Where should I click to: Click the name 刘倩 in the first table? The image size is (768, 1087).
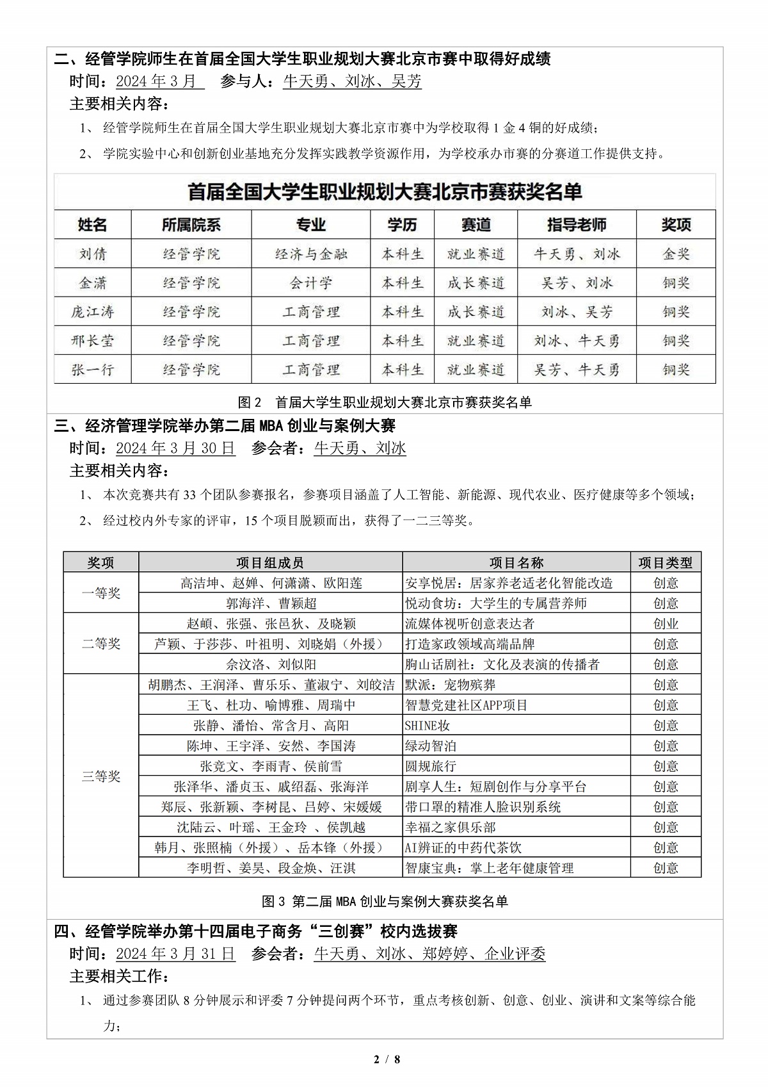pos(93,254)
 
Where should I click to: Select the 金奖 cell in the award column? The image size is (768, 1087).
pos(676,254)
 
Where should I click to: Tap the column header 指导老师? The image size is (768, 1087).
pos(577,225)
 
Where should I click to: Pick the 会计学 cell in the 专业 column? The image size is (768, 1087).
pos(311,283)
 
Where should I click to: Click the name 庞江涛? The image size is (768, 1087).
pos(93,312)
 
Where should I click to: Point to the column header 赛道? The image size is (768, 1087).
pos(476,225)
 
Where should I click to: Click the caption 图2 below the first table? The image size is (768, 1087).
pos(384,402)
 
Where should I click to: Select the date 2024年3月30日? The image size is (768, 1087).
pos(175,448)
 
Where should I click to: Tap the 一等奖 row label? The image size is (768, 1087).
pos(101,593)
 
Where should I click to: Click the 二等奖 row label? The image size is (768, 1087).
pos(101,644)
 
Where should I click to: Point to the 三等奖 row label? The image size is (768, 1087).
pos(101,776)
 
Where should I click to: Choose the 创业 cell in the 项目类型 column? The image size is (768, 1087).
pos(666,624)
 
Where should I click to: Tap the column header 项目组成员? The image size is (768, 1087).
pos(270,562)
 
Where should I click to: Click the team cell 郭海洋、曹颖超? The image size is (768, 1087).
pos(271,603)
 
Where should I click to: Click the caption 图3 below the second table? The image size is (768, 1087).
pos(384,901)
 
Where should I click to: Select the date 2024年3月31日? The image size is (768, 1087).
pos(175,954)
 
